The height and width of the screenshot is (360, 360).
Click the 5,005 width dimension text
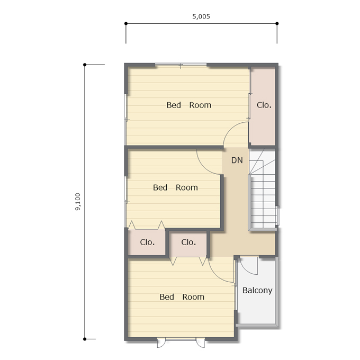[x=201, y=16]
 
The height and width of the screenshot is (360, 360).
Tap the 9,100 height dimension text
[x=78, y=202]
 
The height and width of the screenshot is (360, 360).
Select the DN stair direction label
[x=237, y=160]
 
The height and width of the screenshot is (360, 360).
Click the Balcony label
[x=257, y=291]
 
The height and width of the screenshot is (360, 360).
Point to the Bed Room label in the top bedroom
[x=188, y=105]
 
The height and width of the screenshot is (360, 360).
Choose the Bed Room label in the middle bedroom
[x=175, y=187]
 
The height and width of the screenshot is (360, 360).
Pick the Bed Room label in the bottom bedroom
[x=182, y=297]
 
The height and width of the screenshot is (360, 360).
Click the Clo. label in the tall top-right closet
[x=264, y=105]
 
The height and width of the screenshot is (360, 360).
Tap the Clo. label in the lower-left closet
[x=147, y=242]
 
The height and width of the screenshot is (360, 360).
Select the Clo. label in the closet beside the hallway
[x=188, y=242]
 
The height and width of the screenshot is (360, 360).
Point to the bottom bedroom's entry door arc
[x=215, y=275]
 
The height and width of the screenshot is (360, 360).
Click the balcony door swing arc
[x=245, y=270]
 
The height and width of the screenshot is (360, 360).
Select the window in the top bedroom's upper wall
[x=181, y=65]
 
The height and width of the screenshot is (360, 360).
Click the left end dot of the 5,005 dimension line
[x=126, y=23]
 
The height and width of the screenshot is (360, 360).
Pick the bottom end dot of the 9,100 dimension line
[x=85, y=339]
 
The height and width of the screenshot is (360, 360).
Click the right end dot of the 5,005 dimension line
[x=277, y=23]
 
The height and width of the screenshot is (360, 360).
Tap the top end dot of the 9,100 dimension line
[x=85, y=65]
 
